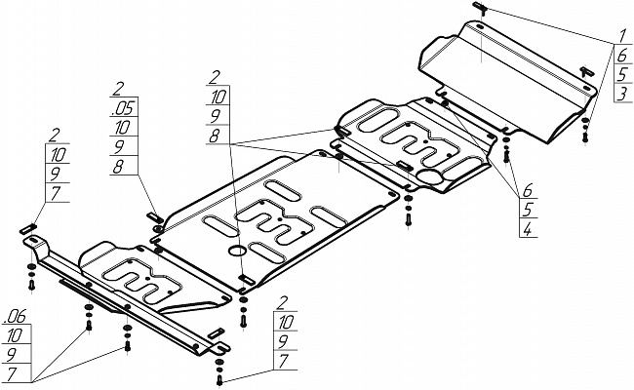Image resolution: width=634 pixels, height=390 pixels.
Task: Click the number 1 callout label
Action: (621, 37)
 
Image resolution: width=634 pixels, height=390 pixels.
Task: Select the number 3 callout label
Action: (622, 94)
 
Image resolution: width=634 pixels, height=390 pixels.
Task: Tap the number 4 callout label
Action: (528, 229)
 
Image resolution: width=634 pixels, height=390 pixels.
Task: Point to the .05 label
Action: (123, 108)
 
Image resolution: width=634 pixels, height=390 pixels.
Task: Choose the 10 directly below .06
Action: (15, 335)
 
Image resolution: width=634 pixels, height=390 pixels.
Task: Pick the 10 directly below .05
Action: (122, 128)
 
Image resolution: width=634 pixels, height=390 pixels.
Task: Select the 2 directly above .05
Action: (118, 90)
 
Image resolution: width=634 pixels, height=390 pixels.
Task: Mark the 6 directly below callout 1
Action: (622, 55)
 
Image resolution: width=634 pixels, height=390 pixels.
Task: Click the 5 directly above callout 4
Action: (528, 210)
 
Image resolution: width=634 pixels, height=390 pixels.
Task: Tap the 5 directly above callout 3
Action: (622, 74)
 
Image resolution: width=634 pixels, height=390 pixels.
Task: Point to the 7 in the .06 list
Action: (12, 374)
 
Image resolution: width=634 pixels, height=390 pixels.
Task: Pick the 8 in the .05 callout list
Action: (118, 166)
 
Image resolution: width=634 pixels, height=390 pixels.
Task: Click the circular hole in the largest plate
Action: (237, 251)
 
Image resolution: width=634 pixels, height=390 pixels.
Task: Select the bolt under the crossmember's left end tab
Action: (31, 285)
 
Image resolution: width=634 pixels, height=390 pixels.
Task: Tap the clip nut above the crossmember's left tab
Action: (28, 229)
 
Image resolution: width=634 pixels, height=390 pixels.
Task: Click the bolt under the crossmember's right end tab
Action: (219, 380)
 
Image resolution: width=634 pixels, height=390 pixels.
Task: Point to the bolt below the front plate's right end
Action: (585, 136)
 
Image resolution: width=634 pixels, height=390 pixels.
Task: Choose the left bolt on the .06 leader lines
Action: (89, 325)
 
